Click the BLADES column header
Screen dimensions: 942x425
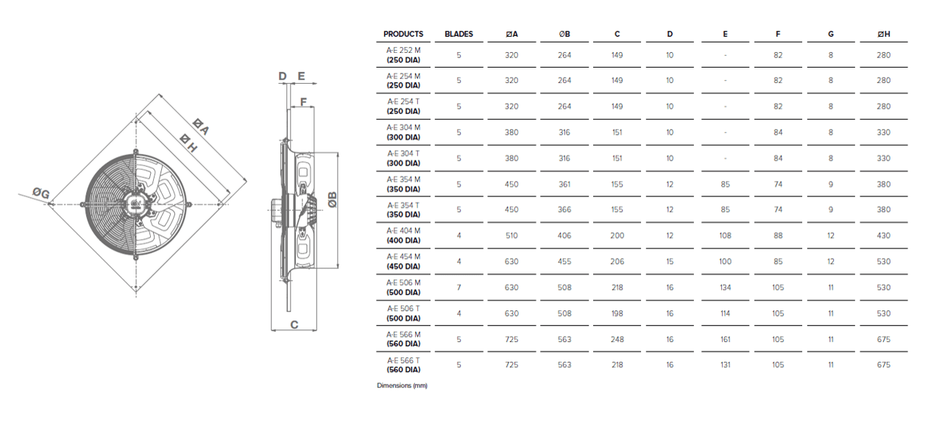(x=458, y=34)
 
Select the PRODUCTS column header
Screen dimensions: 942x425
(x=403, y=34)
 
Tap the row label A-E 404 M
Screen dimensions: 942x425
(x=404, y=231)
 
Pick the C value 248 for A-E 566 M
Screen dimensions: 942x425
(x=617, y=339)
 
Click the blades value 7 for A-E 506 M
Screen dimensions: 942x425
(x=458, y=287)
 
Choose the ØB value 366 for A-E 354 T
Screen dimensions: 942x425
(x=564, y=210)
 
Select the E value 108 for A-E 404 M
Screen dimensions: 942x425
(x=725, y=235)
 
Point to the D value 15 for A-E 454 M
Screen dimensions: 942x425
(x=670, y=262)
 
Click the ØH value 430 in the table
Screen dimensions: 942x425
(x=884, y=235)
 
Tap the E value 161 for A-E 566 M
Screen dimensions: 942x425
(x=725, y=339)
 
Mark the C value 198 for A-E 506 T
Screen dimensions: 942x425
(x=617, y=313)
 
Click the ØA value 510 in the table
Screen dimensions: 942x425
(x=511, y=235)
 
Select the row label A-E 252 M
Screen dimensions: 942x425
(x=404, y=51)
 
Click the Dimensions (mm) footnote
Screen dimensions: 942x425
(x=402, y=385)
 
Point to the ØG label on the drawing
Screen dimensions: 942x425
(x=41, y=193)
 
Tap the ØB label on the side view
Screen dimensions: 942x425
(x=332, y=199)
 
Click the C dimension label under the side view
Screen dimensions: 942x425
(x=294, y=324)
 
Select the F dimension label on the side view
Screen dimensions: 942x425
(x=303, y=101)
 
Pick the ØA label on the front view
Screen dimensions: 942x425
(x=201, y=126)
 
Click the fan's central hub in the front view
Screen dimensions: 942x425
(x=136, y=204)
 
